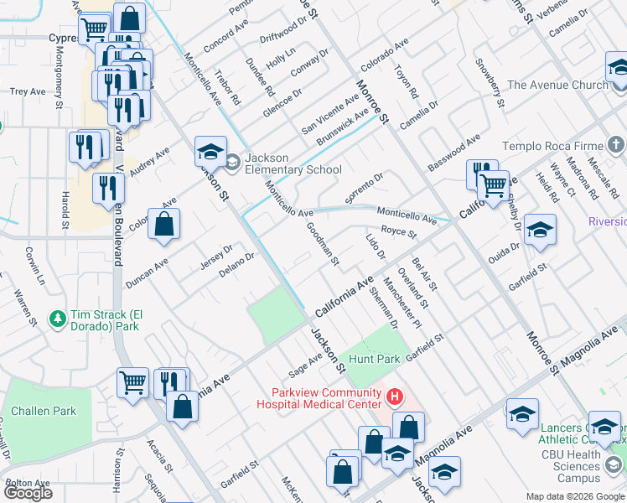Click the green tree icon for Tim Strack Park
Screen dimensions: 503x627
(58, 319)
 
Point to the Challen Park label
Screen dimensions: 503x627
(49, 411)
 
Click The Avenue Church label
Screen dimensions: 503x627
(557, 85)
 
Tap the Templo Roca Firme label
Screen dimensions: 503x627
(553, 144)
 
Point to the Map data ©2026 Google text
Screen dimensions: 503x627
(574, 496)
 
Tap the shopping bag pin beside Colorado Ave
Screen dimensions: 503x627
(165, 224)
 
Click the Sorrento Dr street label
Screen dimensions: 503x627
(364, 184)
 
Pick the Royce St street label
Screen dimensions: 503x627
(399, 232)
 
